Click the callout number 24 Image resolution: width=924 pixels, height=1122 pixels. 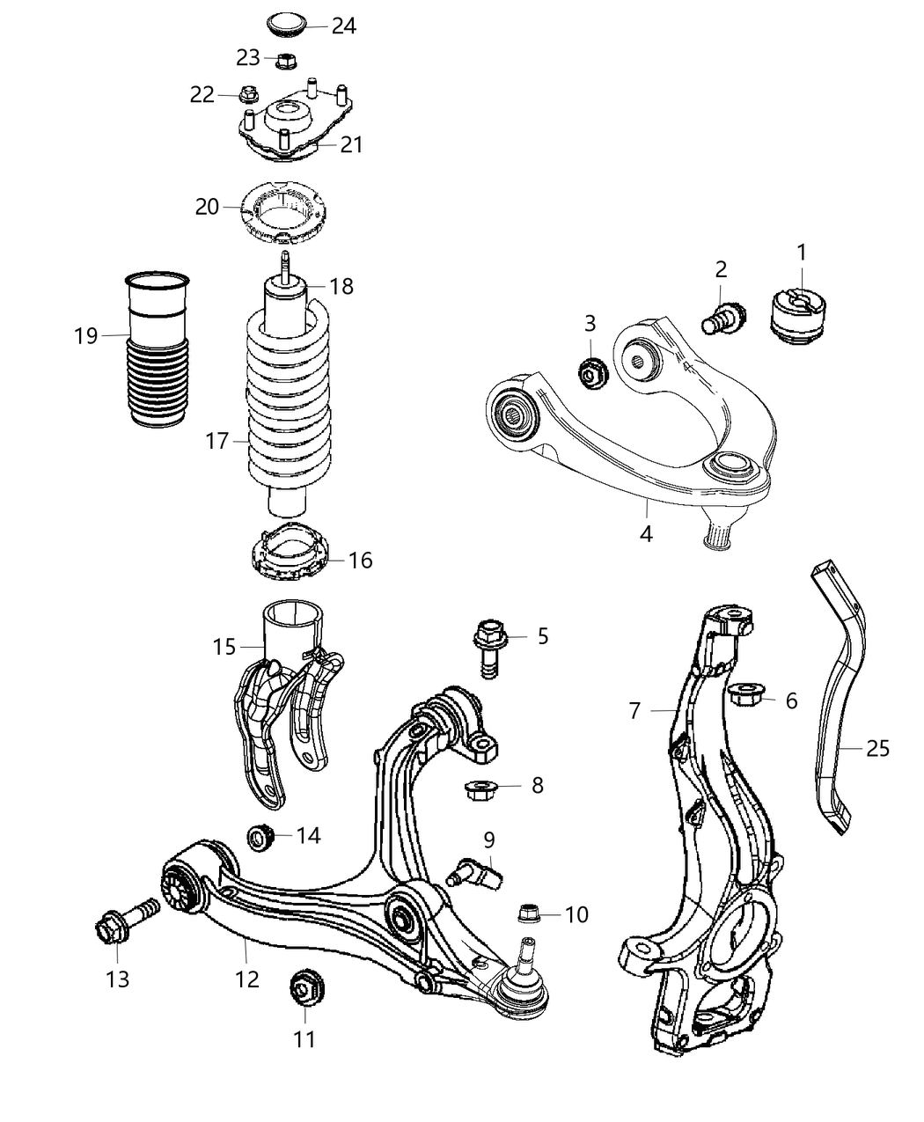tap(343, 26)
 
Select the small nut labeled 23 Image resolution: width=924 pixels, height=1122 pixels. tap(285, 61)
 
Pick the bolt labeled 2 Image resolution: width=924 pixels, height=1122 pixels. tap(724, 318)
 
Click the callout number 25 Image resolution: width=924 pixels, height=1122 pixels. tap(877, 748)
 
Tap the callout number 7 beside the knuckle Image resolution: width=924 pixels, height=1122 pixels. tap(635, 710)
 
